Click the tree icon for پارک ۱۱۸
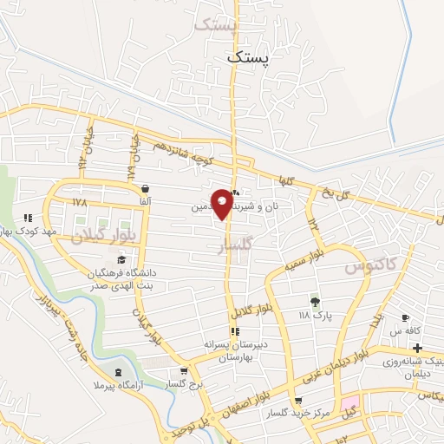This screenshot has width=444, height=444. [x=315, y=302]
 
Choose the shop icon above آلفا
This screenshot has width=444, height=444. [x=144, y=188]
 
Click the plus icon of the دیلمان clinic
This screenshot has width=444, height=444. [x=419, y=347]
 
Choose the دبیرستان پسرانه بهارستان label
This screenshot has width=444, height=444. [x=234, y=350]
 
